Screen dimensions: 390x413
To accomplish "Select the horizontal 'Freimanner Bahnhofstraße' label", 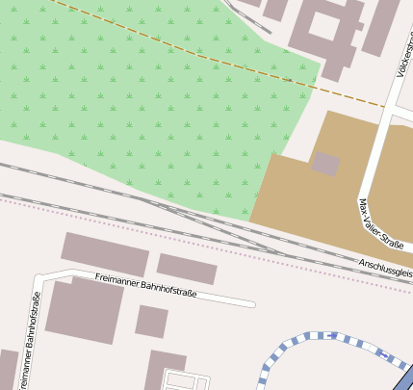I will pos(145,284).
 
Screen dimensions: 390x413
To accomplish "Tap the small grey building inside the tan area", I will pos(326,164).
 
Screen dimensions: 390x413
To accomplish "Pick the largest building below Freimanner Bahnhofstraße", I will pos(84,310).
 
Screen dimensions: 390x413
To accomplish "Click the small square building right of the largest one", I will pos(151,321).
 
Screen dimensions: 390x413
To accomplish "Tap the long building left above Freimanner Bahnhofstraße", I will pos(105,253).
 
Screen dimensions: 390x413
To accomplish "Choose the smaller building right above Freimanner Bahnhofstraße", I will pos(187,269).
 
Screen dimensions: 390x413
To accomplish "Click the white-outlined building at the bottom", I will pos(185,379).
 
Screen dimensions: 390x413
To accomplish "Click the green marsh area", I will pos(144,96).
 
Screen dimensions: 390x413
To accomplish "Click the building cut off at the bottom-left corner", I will pos(8,370).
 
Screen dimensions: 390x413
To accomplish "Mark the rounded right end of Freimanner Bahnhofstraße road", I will pos(252,304).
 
